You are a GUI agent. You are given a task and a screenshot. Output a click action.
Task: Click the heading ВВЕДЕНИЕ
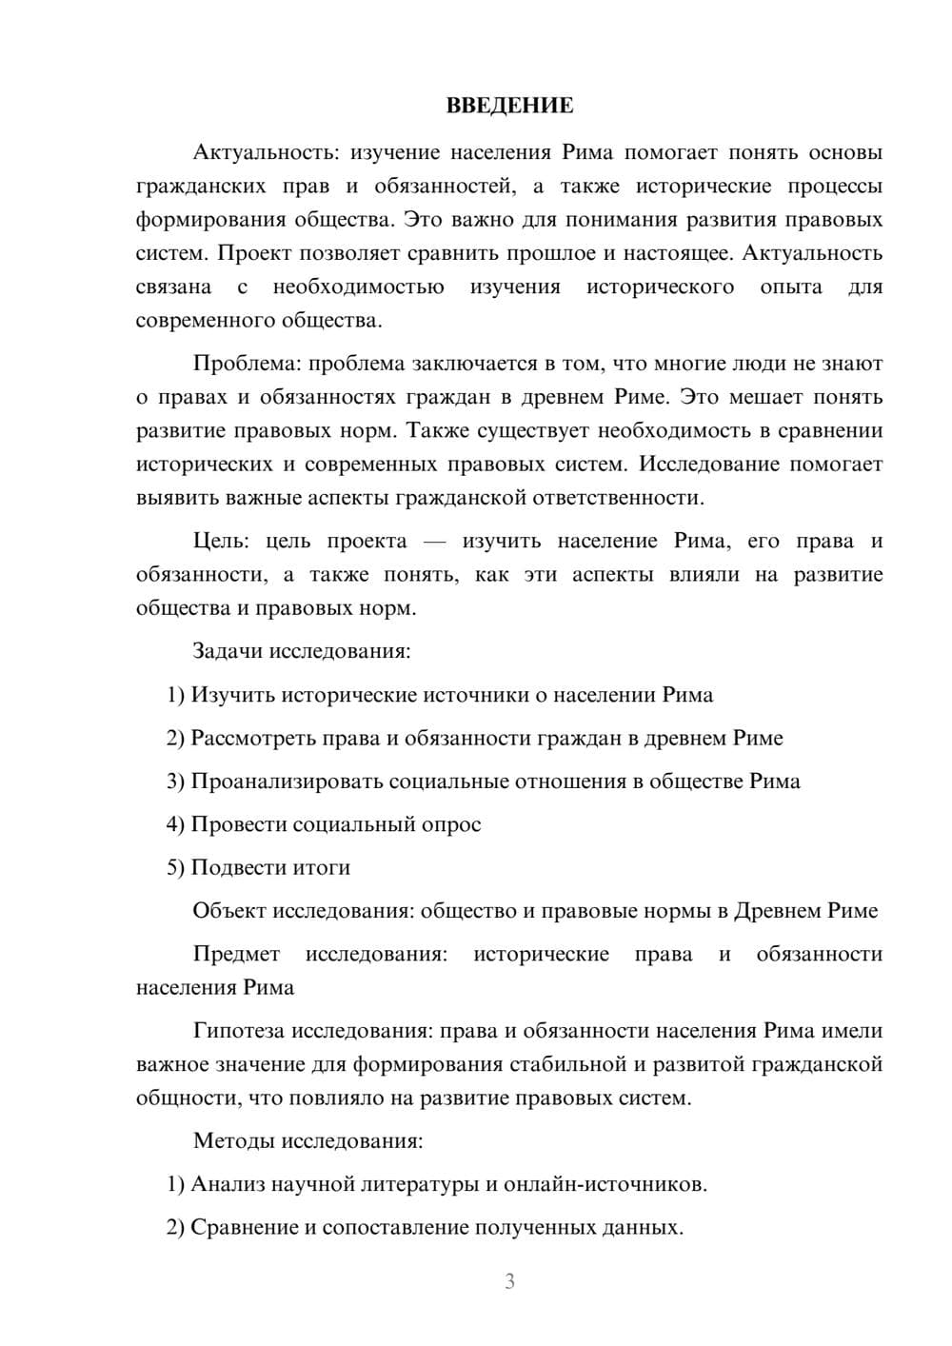click(x=509, y=106)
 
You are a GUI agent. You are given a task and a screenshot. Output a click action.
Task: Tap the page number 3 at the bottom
click(x=509, y=1281)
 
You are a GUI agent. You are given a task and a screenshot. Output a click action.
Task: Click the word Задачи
click(x=228, y=651)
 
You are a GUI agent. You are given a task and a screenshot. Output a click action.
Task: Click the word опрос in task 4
click(x=450, y=824)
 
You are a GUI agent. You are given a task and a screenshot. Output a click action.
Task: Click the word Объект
click(x=229, y=911)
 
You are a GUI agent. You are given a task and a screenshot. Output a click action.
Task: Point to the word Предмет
click(x=236, y=954)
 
